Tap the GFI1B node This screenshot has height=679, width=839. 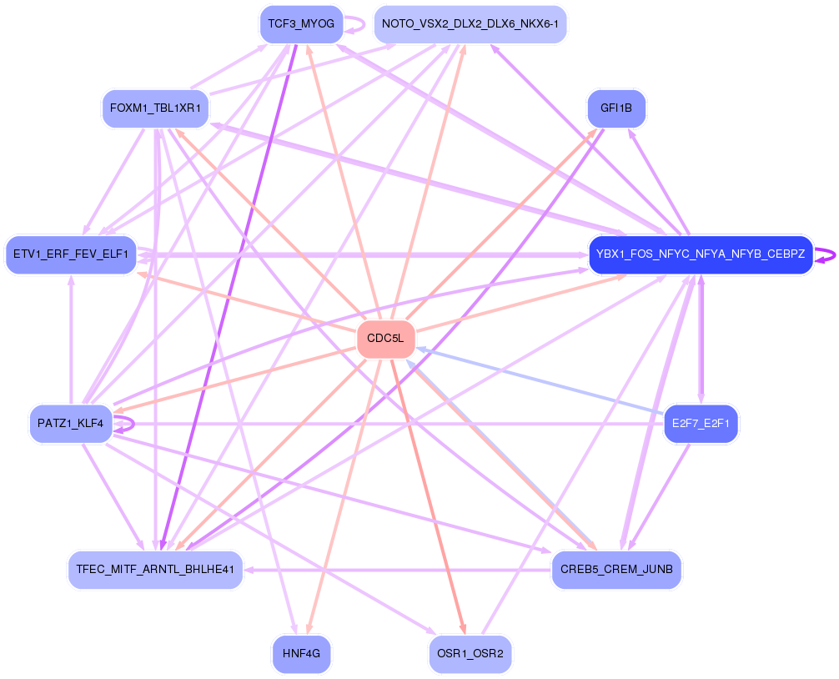click(x=616, y=108)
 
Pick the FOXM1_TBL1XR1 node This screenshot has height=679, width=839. click(x=155, y=108)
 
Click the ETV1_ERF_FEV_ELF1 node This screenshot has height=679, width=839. click(x=70, y=254)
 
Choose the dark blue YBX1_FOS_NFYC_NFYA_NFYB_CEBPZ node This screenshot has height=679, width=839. click(x=701, y=254)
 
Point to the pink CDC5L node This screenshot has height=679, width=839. click(x=385, y=339)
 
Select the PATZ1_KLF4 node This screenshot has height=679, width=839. click(x=70, y=424)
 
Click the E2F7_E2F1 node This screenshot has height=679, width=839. click(x=701, y=424)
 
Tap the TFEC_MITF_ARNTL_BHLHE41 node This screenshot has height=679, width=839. click(x=155, y=570)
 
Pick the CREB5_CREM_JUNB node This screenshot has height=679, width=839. click(x=616, y=570)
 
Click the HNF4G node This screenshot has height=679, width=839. click(x=301, y=654)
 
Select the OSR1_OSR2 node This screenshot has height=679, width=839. click(x=470, y=654)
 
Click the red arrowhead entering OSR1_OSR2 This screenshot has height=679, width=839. click(x=462, y=631)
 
